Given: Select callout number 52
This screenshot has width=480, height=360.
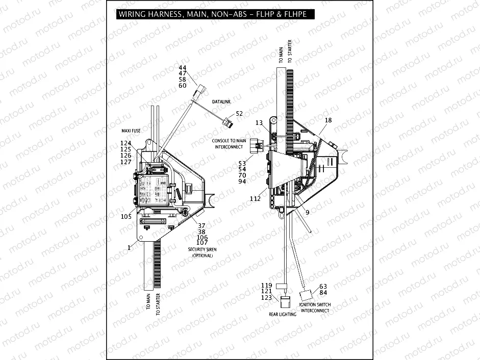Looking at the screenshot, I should point(239,113).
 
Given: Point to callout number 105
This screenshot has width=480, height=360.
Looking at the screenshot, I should point(127,216).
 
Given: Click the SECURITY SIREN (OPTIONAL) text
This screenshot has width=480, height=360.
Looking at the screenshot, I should point(203,252).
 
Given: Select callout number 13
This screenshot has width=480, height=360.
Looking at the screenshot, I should point(259,123).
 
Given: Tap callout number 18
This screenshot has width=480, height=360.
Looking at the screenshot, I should point(328,120).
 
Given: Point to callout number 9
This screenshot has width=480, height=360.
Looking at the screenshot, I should point(307,212).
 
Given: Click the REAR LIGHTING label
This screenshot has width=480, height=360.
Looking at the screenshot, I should point(282,314).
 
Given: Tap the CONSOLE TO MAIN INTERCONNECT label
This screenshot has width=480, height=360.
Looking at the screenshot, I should point(229,143).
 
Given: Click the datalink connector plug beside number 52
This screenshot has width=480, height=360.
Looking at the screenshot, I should point(227,122).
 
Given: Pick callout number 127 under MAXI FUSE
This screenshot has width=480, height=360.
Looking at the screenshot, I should point(125,162).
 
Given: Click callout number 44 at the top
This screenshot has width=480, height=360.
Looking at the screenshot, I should point(183,68).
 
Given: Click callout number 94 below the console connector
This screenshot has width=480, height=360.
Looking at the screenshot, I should point(242,182).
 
